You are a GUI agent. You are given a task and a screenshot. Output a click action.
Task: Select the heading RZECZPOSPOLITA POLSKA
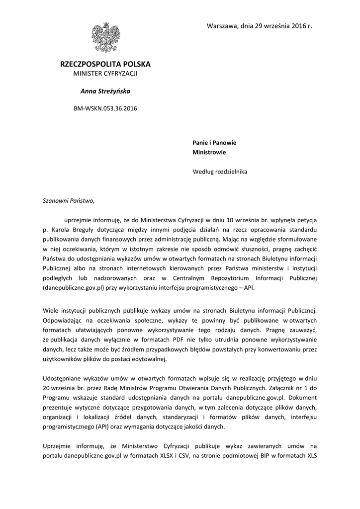pos(105,65)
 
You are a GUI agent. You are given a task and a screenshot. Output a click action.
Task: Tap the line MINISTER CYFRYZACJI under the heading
pos(105,74)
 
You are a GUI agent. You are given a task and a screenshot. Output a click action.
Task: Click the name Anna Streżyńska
pos(105,91)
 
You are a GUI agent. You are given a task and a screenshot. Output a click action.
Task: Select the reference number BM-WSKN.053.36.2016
pos(105,108)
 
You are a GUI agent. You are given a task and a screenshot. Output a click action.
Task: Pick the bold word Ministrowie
pos(209,153)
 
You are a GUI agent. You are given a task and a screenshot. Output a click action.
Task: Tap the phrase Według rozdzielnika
pos(219,172)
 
